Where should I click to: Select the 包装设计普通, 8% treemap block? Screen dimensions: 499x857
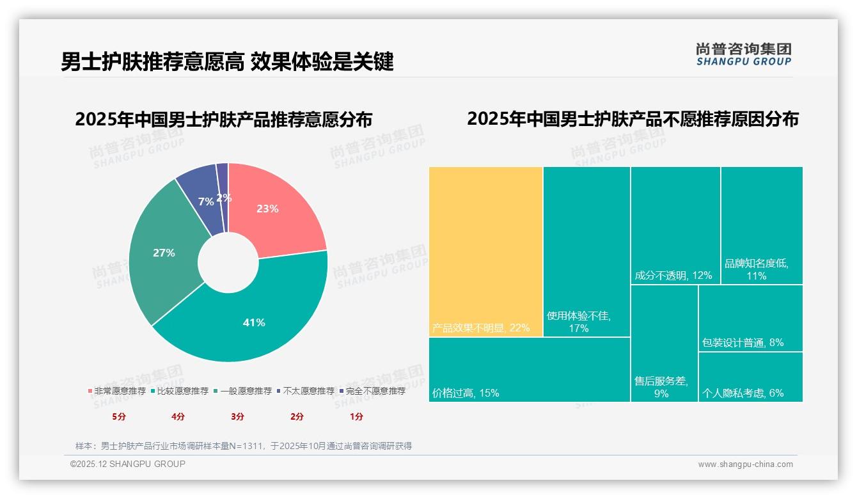click(750, 318)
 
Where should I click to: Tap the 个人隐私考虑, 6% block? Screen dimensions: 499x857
click(750, 377)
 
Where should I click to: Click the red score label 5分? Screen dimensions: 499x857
click(119, 416)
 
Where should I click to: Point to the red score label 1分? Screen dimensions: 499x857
click(356, 416)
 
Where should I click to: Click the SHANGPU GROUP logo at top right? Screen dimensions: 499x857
click(743, 54)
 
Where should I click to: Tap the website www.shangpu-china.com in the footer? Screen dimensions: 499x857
click(745, 464)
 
